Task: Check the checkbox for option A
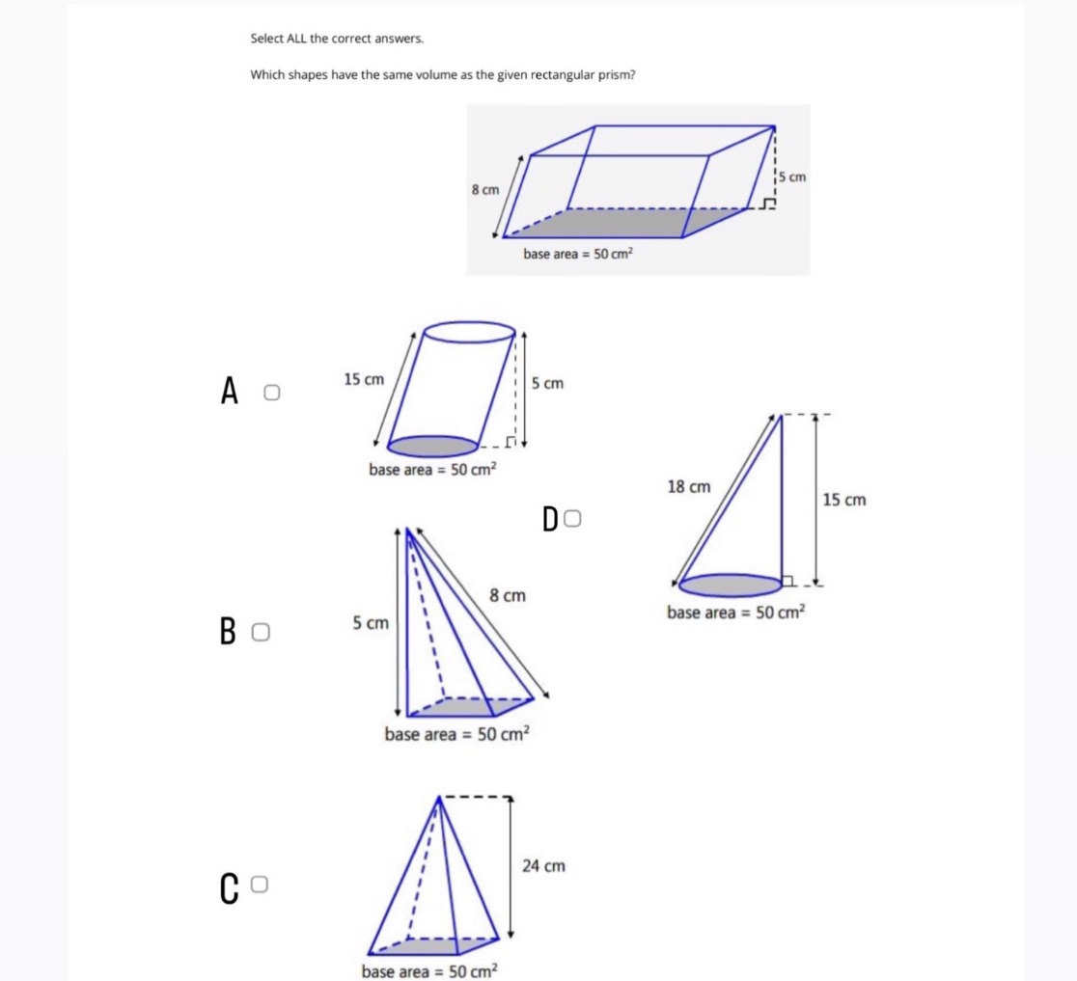point(272,393)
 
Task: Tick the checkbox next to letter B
point(260,633)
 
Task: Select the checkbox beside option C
point(259,884)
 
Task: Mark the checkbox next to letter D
point(572,520)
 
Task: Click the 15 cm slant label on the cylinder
point(364,380)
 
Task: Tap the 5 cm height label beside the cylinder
point(547,384)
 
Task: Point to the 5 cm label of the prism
point(792,177)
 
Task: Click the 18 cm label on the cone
point(688,487)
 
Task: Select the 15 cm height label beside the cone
point(844,500)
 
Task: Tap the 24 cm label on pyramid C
point(543,866)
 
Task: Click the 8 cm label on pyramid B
point(509,596)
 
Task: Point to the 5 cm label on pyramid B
point(371,623)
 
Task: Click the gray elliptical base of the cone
point(731,585)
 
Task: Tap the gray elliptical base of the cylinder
point(433,446)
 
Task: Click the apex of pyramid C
point(441,798)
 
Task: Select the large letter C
point(229,889)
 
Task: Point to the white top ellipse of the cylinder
point(470,332)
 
